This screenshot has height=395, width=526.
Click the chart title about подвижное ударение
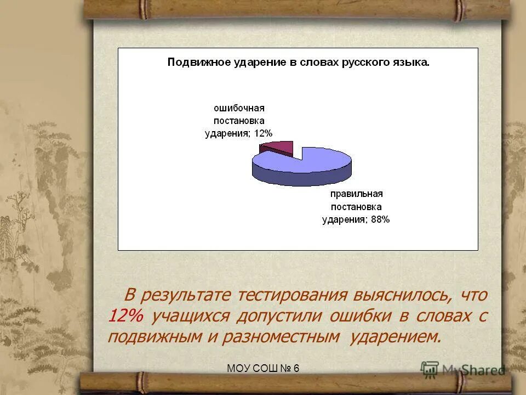click(x=298, y=63)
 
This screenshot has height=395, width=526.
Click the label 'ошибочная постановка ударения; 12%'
click(x=238, y=120)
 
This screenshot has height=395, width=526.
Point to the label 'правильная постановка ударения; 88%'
click(x=356, y=207)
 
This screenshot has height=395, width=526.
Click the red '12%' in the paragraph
click(x=125, y=316)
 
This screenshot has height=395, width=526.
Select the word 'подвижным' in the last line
click(x=155, y=336)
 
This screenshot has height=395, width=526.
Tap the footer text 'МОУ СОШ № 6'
click(x=263, y=368)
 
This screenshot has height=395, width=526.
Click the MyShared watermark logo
click(x=463, y=369)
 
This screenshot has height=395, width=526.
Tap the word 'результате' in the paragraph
click(x=186, y=295)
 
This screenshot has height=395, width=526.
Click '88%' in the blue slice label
click(x=379, y=219)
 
